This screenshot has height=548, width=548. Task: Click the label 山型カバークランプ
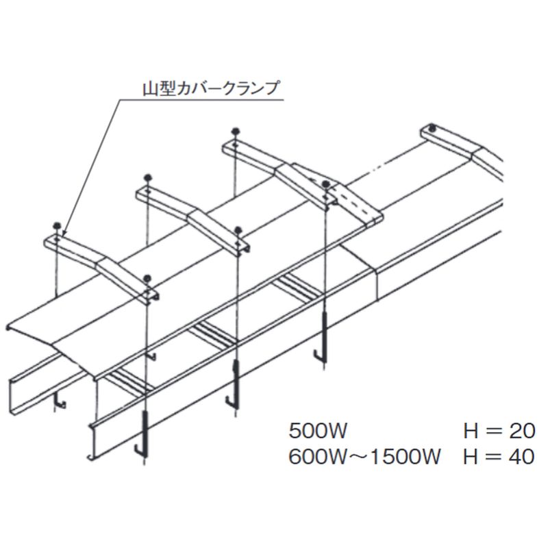211,88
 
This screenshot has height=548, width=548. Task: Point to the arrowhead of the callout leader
63,232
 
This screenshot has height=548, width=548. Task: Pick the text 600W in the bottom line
318,457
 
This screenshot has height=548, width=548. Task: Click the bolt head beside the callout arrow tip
56,225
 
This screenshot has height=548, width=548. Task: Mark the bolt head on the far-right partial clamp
433,127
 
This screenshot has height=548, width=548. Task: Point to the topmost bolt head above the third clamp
236,131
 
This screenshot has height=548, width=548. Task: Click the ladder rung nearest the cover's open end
130,382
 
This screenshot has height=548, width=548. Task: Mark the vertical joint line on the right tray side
377,284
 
